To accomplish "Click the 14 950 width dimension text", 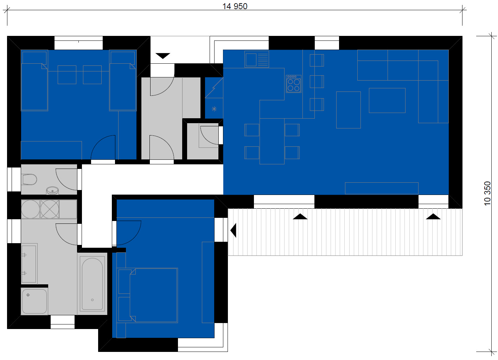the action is point(235,6).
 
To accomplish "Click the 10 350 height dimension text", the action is point(487,193).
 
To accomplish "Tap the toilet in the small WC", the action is point(30,179).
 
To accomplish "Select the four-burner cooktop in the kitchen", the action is point(294,84).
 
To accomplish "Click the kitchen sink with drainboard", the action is point(257,59).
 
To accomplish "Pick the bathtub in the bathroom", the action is point(92,284).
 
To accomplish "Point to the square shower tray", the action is point(34,301).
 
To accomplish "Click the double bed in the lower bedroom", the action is point(154,295).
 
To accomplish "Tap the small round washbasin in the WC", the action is point(52,191).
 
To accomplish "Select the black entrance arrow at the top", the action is point(163,56).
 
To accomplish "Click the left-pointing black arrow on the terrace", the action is point(234,230).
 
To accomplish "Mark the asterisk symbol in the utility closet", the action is point(214,109).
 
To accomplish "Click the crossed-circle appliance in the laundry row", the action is point(50,209).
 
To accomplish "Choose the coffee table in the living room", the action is point(387,100).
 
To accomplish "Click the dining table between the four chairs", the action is point(272,141).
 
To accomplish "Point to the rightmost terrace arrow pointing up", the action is point(433,216).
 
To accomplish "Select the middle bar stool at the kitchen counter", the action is point(317,82).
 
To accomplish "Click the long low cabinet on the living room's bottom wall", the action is point(382,188).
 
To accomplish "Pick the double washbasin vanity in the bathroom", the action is point(29,264).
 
